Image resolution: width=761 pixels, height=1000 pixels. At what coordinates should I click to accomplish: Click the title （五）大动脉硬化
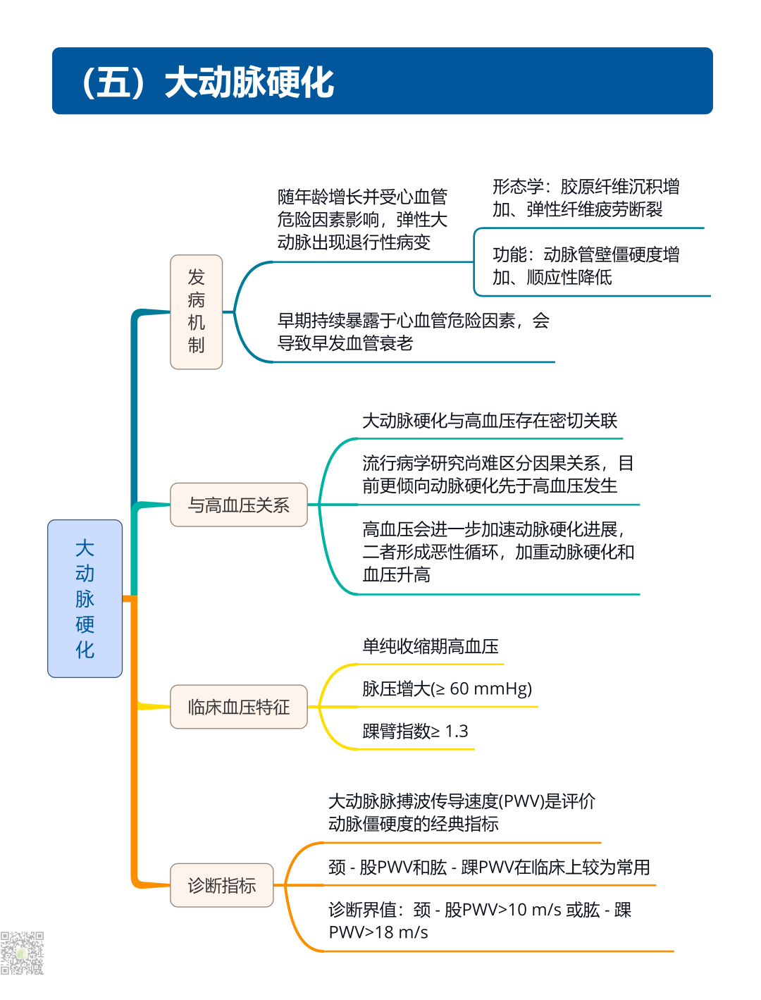[207, 82]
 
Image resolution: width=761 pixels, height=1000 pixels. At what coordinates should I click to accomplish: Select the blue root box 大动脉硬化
[85, 598]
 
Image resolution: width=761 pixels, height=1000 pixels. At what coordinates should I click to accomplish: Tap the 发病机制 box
[196, 311]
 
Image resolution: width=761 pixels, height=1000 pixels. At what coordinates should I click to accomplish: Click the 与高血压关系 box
[238, 505]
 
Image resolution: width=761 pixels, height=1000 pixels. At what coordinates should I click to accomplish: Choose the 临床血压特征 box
[238, 707]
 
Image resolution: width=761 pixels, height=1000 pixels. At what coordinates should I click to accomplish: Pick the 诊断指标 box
[221, 885]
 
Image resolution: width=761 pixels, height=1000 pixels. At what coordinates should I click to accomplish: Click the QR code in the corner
[22, 953]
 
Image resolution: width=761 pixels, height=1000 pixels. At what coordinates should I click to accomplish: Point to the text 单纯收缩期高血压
[430, 646]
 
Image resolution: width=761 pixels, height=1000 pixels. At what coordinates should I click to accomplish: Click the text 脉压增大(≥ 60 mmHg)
[447, 689]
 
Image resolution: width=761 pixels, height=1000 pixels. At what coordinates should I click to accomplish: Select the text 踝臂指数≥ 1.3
[415, 731]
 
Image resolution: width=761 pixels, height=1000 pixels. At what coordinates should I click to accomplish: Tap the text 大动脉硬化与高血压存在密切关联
[489, 421]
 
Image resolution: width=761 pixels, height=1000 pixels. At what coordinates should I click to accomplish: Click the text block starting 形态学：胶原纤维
[586, 198]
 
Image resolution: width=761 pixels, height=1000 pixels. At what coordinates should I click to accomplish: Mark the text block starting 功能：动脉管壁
[586, 266]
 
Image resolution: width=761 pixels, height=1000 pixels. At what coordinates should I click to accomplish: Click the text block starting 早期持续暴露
[413, 332]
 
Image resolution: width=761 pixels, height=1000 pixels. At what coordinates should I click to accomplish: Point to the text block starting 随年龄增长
[362, 219]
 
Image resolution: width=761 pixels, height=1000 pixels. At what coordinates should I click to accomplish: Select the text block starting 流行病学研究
[497, 474]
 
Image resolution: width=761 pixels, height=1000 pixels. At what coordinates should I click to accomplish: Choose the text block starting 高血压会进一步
[497, 552]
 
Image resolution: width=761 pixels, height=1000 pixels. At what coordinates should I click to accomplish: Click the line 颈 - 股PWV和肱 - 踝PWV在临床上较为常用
[489, 867]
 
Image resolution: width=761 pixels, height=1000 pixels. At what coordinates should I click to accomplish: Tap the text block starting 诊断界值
[479, 920]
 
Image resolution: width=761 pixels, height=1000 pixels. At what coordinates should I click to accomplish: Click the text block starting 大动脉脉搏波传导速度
[462, 812]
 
